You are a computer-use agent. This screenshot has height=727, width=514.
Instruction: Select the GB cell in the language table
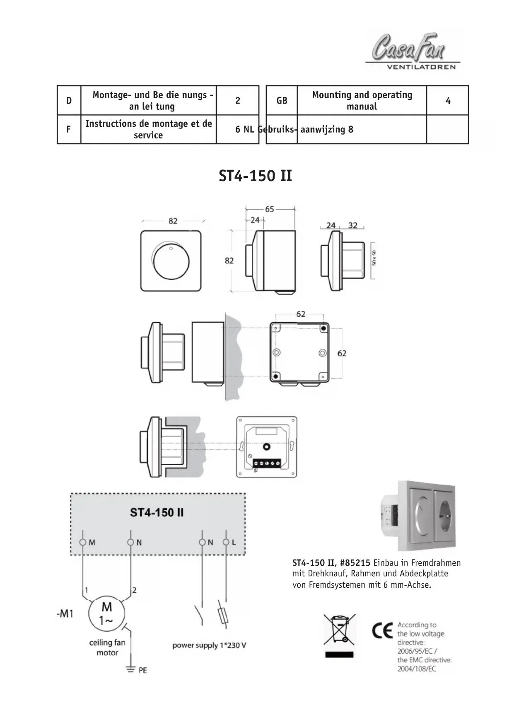tap(282, 101)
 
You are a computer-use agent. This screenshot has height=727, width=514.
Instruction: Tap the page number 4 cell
tap(448, 101)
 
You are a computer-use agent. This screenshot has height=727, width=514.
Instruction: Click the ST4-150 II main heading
tap(255, 176)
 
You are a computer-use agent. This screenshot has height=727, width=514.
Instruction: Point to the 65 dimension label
tap(270, 209)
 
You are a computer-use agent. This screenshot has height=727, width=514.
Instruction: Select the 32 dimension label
tap(353, 225)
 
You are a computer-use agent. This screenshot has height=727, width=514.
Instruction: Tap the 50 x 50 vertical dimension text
tap(374, 258)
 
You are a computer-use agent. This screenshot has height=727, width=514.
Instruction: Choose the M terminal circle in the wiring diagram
tap(83, 542)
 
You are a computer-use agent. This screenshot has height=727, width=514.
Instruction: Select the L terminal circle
tap(226, 542)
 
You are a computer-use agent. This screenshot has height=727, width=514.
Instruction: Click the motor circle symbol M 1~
tap(106, 614)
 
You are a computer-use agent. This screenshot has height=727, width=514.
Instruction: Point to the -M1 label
tap(65, 614)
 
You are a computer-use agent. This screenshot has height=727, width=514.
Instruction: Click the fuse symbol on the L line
tap(224, 616)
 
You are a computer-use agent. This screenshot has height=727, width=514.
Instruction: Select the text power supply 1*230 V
tap(209, 645)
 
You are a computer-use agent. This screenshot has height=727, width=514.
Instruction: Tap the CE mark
tap(382, 631)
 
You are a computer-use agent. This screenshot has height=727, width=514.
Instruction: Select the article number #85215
tap(355, 563)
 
